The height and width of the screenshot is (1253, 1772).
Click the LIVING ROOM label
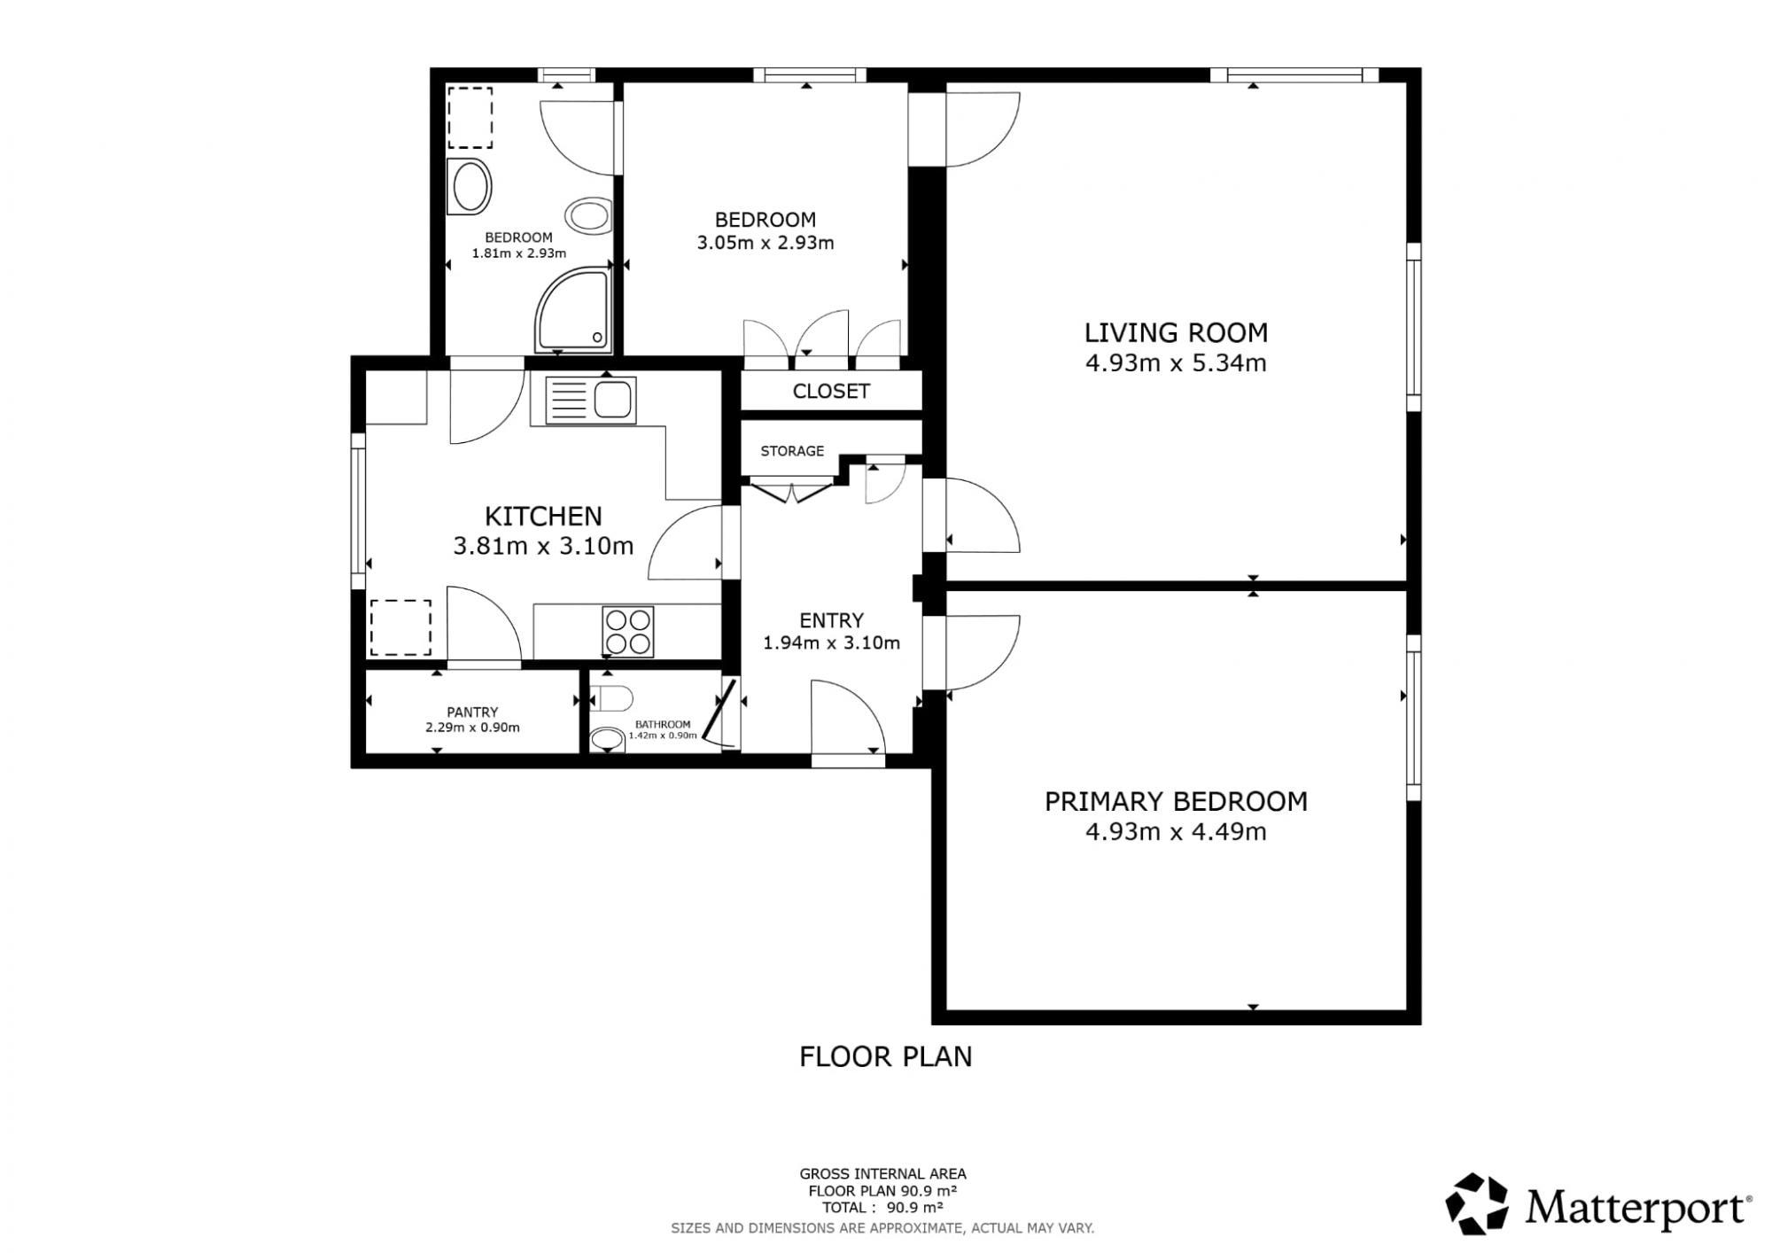(1176, 333)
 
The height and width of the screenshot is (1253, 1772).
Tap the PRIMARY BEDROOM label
(1176, 802)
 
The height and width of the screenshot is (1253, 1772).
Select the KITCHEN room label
(543, 516)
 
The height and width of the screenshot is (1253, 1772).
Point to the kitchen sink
(590, 401)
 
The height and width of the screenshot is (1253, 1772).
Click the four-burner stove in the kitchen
(628, 631)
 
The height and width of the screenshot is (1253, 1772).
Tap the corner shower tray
(573, 311)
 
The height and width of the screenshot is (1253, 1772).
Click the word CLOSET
(831, 391)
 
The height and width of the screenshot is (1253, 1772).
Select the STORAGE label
(792, 451)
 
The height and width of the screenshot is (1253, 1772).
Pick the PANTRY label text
(472, 712)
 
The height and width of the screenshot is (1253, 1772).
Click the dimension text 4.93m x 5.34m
(1176, 362)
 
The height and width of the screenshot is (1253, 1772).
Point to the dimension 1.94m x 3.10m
(831, 642)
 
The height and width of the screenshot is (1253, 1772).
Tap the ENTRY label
(831, 620)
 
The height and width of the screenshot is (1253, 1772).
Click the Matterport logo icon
(1477, 1203)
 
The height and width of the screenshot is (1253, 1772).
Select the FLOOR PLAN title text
(886, 1056)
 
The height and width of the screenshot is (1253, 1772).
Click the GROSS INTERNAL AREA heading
(882, 1174)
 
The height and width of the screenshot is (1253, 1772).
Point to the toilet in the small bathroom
(611, 698)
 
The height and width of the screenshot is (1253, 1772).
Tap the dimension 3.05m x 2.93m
(766, 242)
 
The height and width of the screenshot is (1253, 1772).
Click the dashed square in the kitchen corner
(400, 627)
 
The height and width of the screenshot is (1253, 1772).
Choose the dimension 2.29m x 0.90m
(472, 728)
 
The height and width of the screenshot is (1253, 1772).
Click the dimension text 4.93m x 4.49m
(1176, 832)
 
